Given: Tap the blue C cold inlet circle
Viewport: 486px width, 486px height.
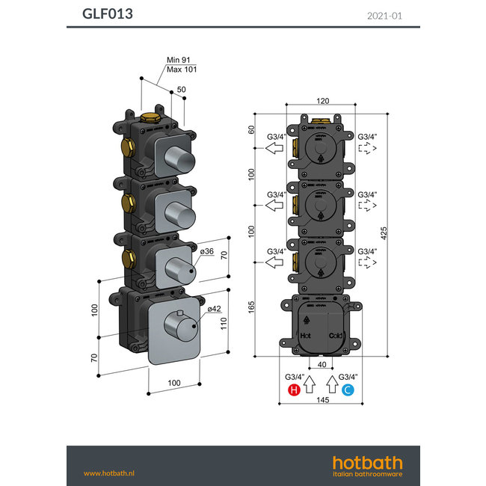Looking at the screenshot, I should point(347,390).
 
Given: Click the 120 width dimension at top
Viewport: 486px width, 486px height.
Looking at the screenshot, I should point(322,100).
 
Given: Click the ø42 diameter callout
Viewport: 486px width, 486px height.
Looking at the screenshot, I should point(214,310).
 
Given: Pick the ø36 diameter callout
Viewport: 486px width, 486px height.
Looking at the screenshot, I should point(208,252).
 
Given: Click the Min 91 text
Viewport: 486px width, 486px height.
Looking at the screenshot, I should point(176,61).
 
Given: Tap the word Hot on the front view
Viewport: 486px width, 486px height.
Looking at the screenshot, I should point(305,337).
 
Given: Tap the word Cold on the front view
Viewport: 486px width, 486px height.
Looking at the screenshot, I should point(335,337).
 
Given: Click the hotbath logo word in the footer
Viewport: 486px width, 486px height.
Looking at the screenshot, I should point(367,463).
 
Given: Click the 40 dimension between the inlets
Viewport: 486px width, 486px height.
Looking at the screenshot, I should point(322,364).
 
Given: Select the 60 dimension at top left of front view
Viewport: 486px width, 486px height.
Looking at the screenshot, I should point(252,129).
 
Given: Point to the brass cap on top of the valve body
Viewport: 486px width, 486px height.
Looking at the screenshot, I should point(150,117).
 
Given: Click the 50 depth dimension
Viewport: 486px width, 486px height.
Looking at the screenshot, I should point(182,90).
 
